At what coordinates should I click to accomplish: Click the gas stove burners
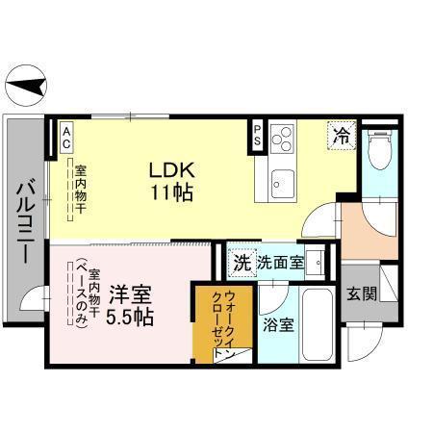pyautogui.click(x=282, y=140)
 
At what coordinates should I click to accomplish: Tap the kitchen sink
pyautogui.click(x=282, y=180)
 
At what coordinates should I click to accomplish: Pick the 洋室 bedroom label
pyautogui.click(x=128, y=293)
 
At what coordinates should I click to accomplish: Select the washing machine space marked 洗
pyautogui.click(x=242, y=262)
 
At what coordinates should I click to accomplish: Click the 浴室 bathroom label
pyautogui.click(x=278, y=324)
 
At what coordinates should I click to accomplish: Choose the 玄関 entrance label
pyautogui.click(x=361, y=294)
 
